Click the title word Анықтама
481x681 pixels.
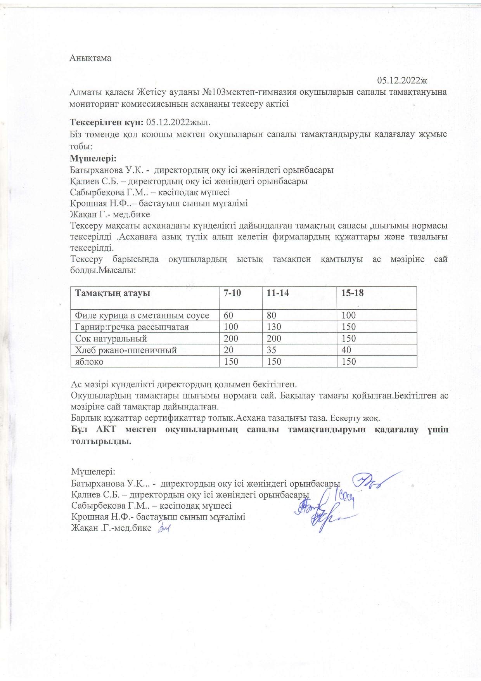point(90,58)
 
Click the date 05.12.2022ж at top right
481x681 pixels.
point(402,80)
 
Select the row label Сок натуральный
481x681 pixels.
point(111,338)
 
